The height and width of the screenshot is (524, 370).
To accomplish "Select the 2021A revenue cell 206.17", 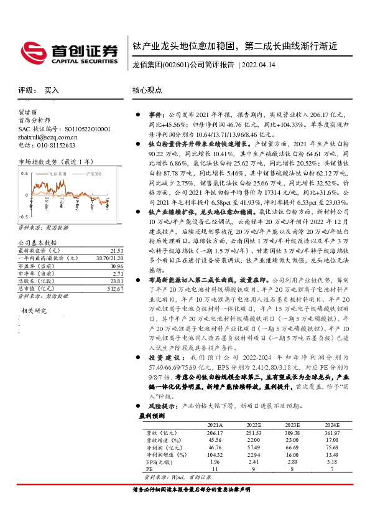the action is tap(214, 432).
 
